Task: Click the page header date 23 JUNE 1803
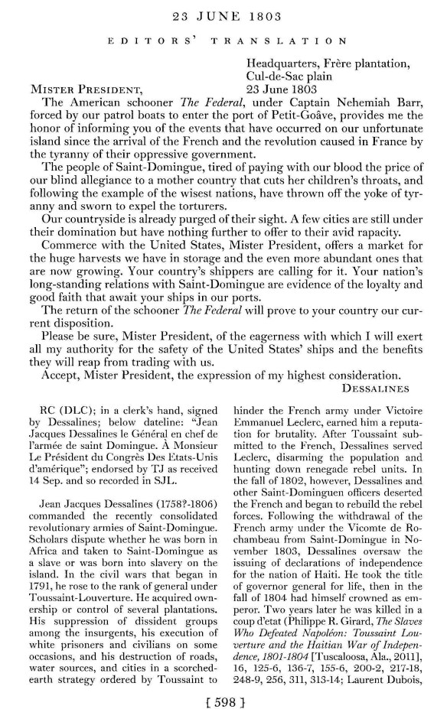223,13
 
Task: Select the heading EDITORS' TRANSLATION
223,38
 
